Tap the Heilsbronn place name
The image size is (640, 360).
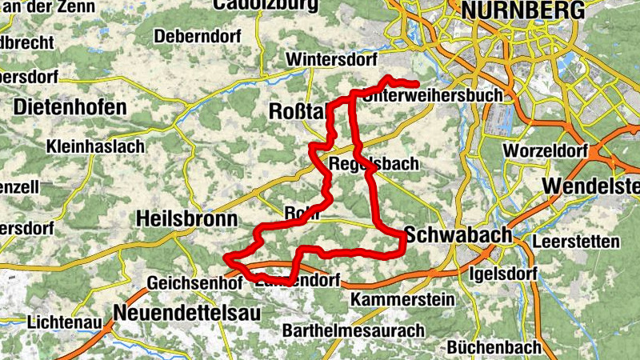pyautogui.click(x=186, y=218)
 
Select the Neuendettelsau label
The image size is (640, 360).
pyautogui.click(x=187, y=314)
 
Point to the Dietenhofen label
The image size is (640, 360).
pyautogui.click(x=70, y=106)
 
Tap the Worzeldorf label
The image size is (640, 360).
pyautogui.click(x=546, y=150)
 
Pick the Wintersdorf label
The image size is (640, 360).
pyautogui.click(x=330, y=60)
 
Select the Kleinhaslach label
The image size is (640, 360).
pyautogui.click(x=95, y=146)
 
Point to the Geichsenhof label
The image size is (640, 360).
pyautogui.click(x=194, y=282)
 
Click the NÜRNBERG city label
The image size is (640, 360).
pyautogui.click(x=529, y=10)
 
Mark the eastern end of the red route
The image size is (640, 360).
pyautogui.click(x=417, y=84)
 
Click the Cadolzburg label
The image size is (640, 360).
pyautogui.click(x=265, y=5)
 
